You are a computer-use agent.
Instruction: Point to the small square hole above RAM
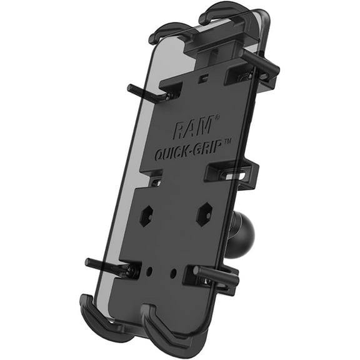(x=203, y=80)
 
